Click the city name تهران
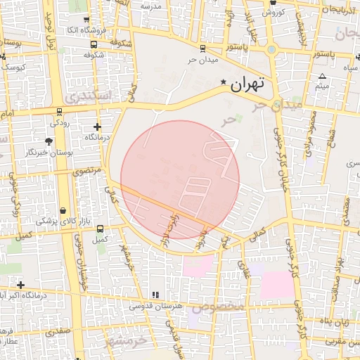click(x=247, y=84)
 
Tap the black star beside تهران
click(x=224, y=82)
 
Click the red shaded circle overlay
click(x=180, y=179)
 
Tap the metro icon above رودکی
click(x=59, y=111)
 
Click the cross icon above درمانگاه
click(x=97, y=127)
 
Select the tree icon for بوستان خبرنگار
click(x=48, y=141)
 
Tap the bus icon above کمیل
click(x=100, y=229)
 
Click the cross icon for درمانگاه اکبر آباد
click(x=21, y=285)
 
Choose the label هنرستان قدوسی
click(x=156, y=306)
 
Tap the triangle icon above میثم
click(x=322, y=76)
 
